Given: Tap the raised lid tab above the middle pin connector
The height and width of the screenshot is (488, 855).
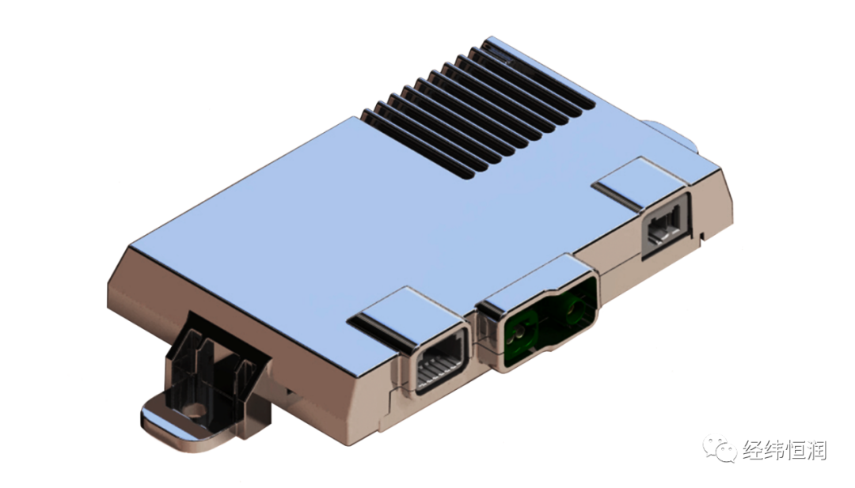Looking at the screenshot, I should [x=400, y=317].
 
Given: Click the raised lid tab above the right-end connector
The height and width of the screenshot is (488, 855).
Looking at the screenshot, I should [x=640, y=182].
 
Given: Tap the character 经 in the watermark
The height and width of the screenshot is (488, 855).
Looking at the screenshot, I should [x=751, y=451].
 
